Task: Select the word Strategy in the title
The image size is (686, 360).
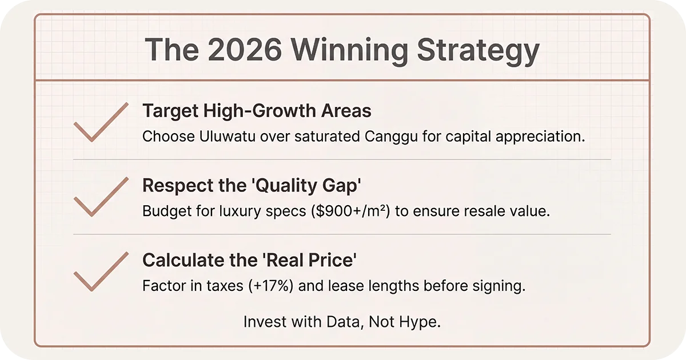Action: (x=477, y=51)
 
